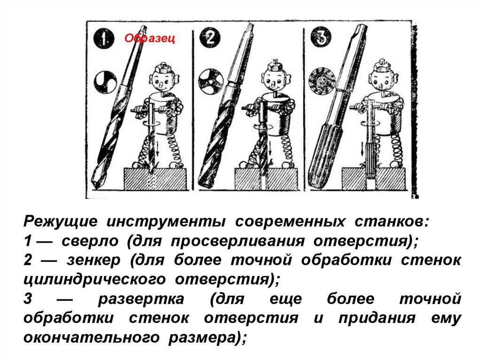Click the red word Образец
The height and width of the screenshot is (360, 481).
[150, 38]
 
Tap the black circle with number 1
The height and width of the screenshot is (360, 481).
[104, 38]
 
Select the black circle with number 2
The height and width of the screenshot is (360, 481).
[210, 38]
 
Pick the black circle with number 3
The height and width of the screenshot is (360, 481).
[321, 37]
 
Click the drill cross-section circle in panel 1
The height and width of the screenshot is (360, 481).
[105, 82]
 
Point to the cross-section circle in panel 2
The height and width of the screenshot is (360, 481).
[210, 81]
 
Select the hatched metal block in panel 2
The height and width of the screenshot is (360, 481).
[266, 179]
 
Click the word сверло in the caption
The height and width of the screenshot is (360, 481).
[90, 241]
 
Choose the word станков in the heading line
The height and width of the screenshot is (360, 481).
[391, 222]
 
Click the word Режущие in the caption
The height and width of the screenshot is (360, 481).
[61, 222]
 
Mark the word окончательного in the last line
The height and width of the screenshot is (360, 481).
[92, 337]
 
